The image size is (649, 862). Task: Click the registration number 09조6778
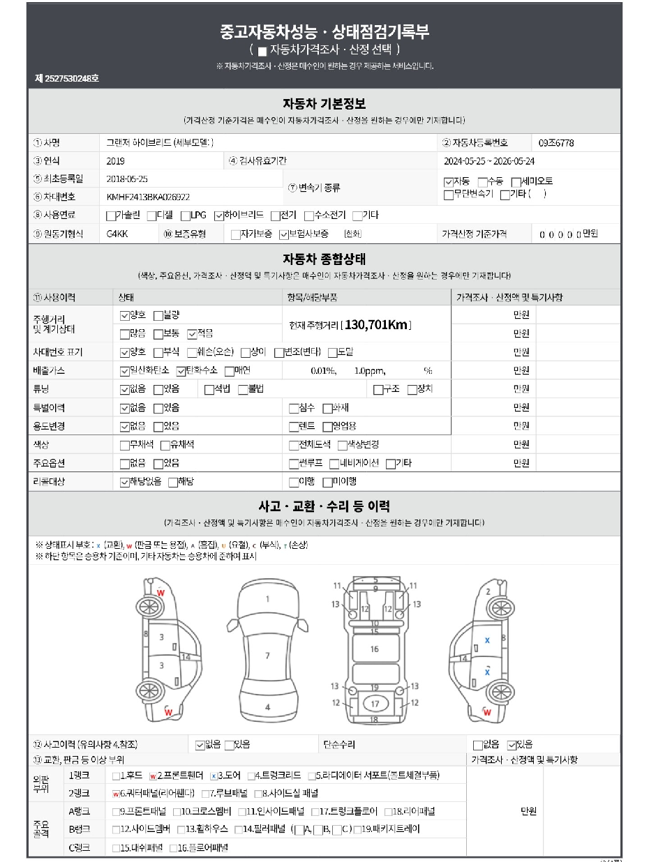pyautogui.click(x=556, y=143)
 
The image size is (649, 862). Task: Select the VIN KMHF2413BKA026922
pyautogui.click(x=148, y=197)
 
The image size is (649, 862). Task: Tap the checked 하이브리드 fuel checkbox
pyautogui.click(x=218, y=215)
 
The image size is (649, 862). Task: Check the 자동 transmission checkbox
pyautogui.click(x=448, y=182)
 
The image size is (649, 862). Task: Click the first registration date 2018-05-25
pyautogui.click(x=127, y=179)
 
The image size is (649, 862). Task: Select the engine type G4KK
pyautogui.click(x=117, y=234)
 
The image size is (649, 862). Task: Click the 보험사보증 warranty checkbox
pyautogui.click(x=283, y=234)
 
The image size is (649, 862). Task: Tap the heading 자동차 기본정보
pyautogui.click(x=324, y=105)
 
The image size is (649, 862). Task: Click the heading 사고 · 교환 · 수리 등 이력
pyautogui.click(x=324, y=506)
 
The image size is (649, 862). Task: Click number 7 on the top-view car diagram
pyautogui.click(x=267, y=656)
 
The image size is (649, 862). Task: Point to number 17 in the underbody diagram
pyautogui.click(x=375, y=703)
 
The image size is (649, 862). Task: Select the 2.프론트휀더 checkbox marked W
pyautogui.click(x=152, y=775)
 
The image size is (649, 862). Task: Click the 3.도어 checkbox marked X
pyautogui.click(x=214, y=775)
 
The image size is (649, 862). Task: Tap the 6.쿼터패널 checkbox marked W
pyautogui.click(x=116, y=793)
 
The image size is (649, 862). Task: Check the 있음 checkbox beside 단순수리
pyautogui.click(x=511, y=745)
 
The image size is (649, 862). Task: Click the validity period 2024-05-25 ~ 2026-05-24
pyautogui.click(x=488, y=161)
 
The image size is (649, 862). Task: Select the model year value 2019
pyautogui.click(x=115, y=161)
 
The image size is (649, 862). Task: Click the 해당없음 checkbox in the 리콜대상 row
pyautogui.click(x=124, y=482)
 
